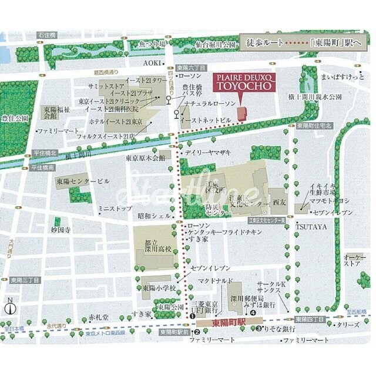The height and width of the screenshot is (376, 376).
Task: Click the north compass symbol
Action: [x=10, y=307]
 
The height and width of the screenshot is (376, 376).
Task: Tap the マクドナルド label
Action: [x=216, y=281]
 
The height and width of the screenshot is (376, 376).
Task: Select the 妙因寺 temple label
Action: [x=61, y=231]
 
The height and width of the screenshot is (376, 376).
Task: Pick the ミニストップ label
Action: [x=115, y=208]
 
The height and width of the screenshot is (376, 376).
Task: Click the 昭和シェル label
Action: [x=154, y=216]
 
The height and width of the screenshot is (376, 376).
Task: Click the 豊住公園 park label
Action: [x=16, y=118]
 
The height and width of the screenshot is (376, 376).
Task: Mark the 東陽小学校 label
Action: [x=159, y=288]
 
